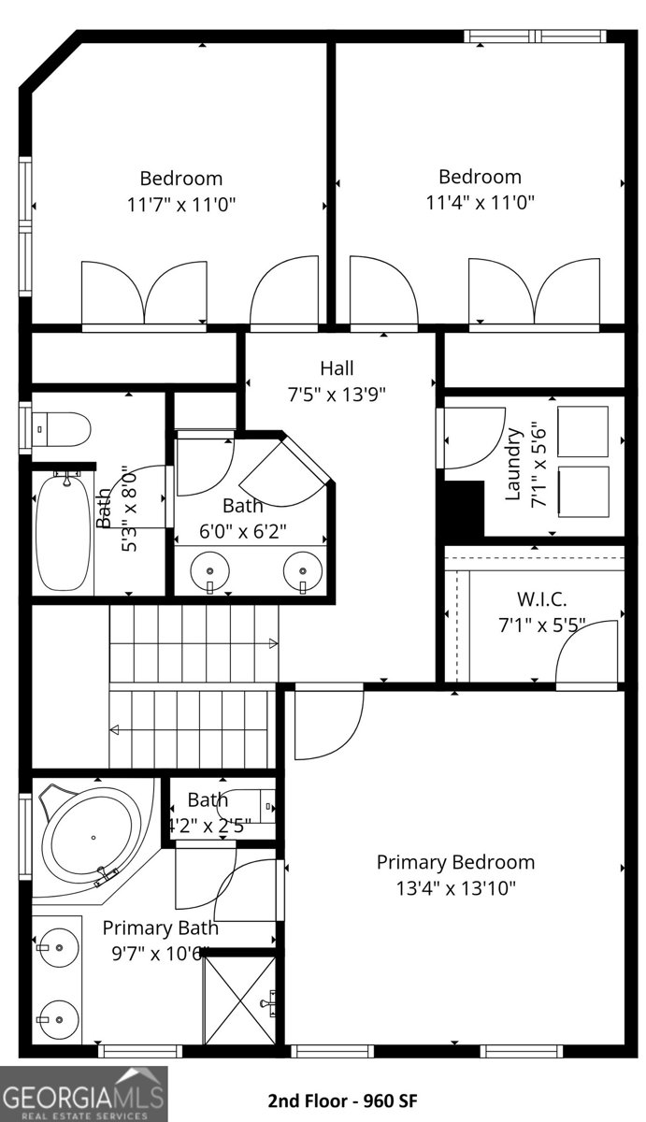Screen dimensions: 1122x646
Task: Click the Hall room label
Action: [x=337, y=368]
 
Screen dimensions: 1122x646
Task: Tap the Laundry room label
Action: [x=512, y=464]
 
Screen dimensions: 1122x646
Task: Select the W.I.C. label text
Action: [x=541, y=598]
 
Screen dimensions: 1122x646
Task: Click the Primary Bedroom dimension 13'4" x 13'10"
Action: [x=455, y=886]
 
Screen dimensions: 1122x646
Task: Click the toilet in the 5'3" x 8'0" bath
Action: [x=63, y=431]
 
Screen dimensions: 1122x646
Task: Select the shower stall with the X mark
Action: [x=240, y=1000]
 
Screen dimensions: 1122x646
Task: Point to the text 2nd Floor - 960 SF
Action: [x=342, y=1101]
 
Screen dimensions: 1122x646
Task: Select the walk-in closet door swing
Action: [x=586, y=654]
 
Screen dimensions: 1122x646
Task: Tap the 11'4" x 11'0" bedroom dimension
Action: [x=481, y=201]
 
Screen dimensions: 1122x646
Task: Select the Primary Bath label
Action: [x=160, y=928]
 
